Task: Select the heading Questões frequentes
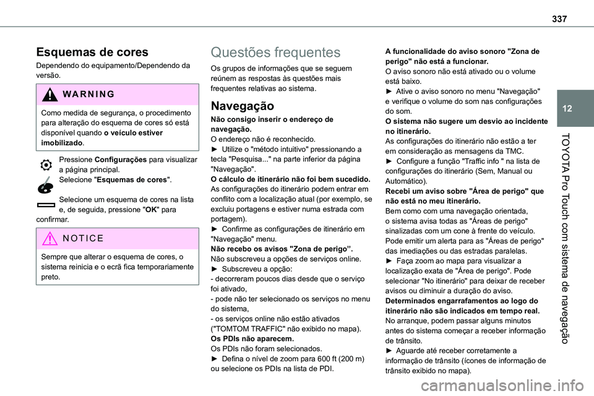pyautogui.click(x=275, y=53)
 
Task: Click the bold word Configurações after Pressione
pyautogui.click(x=121, y=159)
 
